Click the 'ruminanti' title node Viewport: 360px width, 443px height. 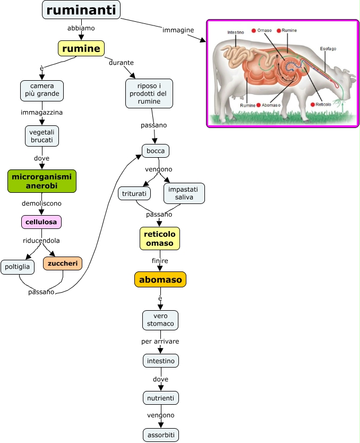pyautogui.click(x=81, y=10)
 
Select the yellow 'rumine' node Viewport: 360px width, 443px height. pyautogui.click(x=81, y=49)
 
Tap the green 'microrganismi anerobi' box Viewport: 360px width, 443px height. pyautogui.click(x=42, y=181)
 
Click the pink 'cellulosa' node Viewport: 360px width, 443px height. pyautogui.click(x=42, y=221)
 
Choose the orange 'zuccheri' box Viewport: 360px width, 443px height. pyautogui.click(x=62, y=263)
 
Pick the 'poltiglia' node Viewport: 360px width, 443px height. pyautogui.click(x=18, y=267)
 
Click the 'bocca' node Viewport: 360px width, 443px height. pyautogui.click(x=156, y=151)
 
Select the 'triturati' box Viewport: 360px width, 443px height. pyautogui.click(x=134, y=193)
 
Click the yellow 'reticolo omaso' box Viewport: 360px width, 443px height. pyautogui.click(x=160, y=238)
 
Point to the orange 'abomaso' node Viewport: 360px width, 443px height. pyautogui.click(x=160, y=279)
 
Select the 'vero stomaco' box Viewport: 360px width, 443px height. pyautogui.click(x=160, y=320)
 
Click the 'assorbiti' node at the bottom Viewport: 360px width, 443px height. pyautogui.click(x=160, y=435)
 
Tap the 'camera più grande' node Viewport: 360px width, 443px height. pyautogui.click(x=42, y=90)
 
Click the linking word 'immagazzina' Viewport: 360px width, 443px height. pyautogui.click(x=42, y=113)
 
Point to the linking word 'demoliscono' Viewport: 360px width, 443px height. pyautogui.click(x=42, y=203)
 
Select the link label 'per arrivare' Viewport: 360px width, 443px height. pyautogui.click(x=160, y=341)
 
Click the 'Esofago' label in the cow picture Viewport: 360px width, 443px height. pyautogui.click(x=328, y=49)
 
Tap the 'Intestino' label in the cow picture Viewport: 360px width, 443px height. pyautogui.click(x=236, y=32)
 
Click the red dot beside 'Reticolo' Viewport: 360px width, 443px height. pyautogui.click(x=312, y=105)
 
